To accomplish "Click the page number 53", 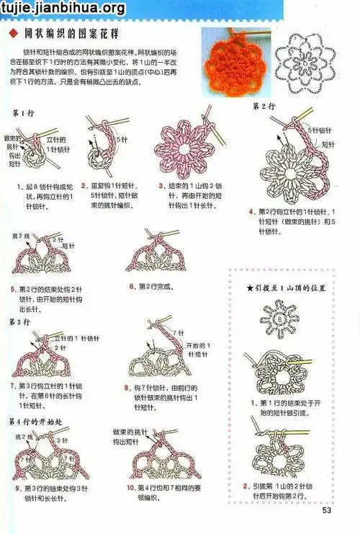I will pyautogui.click(x=326, y=512).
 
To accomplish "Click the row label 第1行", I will pyautogui.click(x=23, y=112).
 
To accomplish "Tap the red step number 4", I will pyautogui.click(x=251, y=212).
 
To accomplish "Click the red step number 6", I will pyautogui.click(x=132, y=286).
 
